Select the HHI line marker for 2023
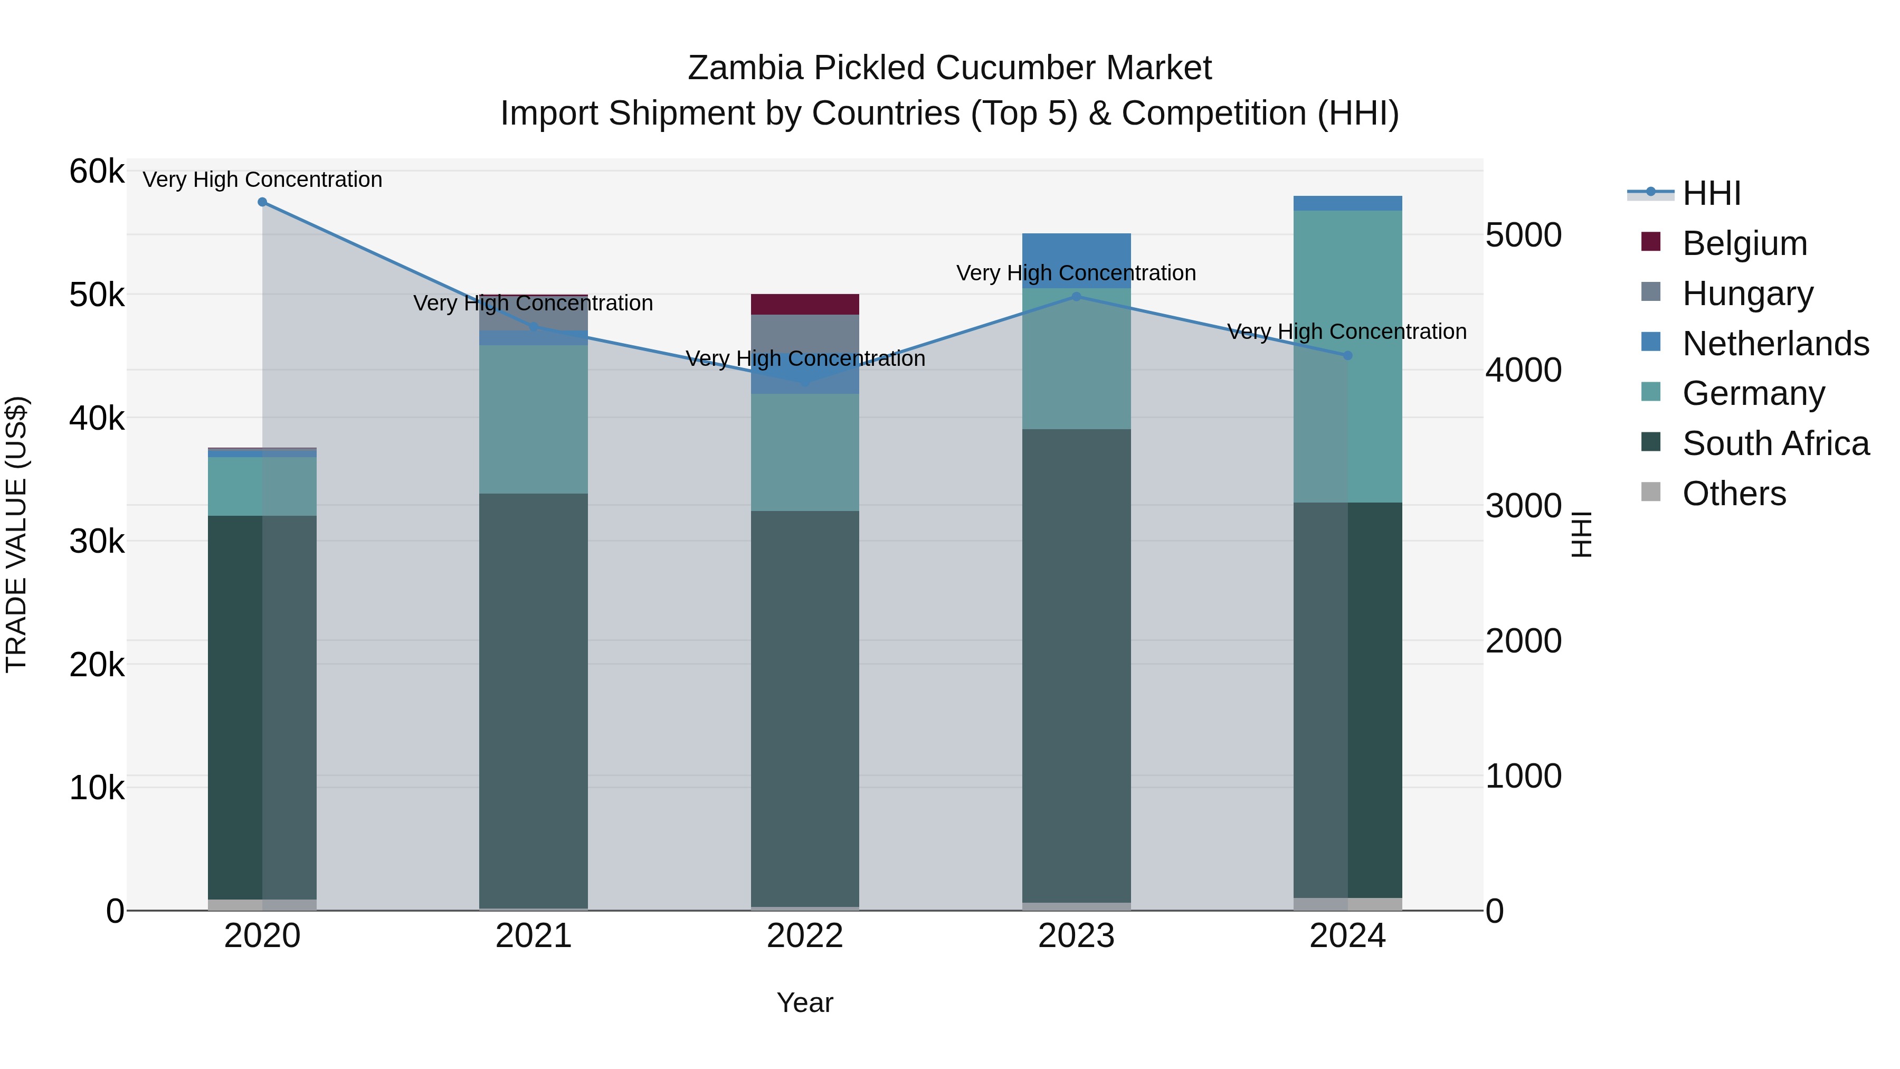click(x=1076, y=297)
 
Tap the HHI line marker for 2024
click(x=1347, y=356)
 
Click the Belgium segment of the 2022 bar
click(x=805, y=304)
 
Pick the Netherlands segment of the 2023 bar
click(x=1076, y=251)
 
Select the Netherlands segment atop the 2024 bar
click(x=1347, y=204)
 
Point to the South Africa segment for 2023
click(x=1076, y=664)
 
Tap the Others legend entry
click(x=1733, y=494)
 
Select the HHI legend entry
click(x=1711, y=193)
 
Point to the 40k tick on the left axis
click(x=97, y=418)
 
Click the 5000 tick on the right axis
click(x=1523, y=235)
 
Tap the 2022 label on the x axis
click(x=805, y=936)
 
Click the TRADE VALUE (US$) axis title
click(x=16, y=534)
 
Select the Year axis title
click(x=805, y=1002)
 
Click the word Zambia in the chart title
click(x=745, y=68)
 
